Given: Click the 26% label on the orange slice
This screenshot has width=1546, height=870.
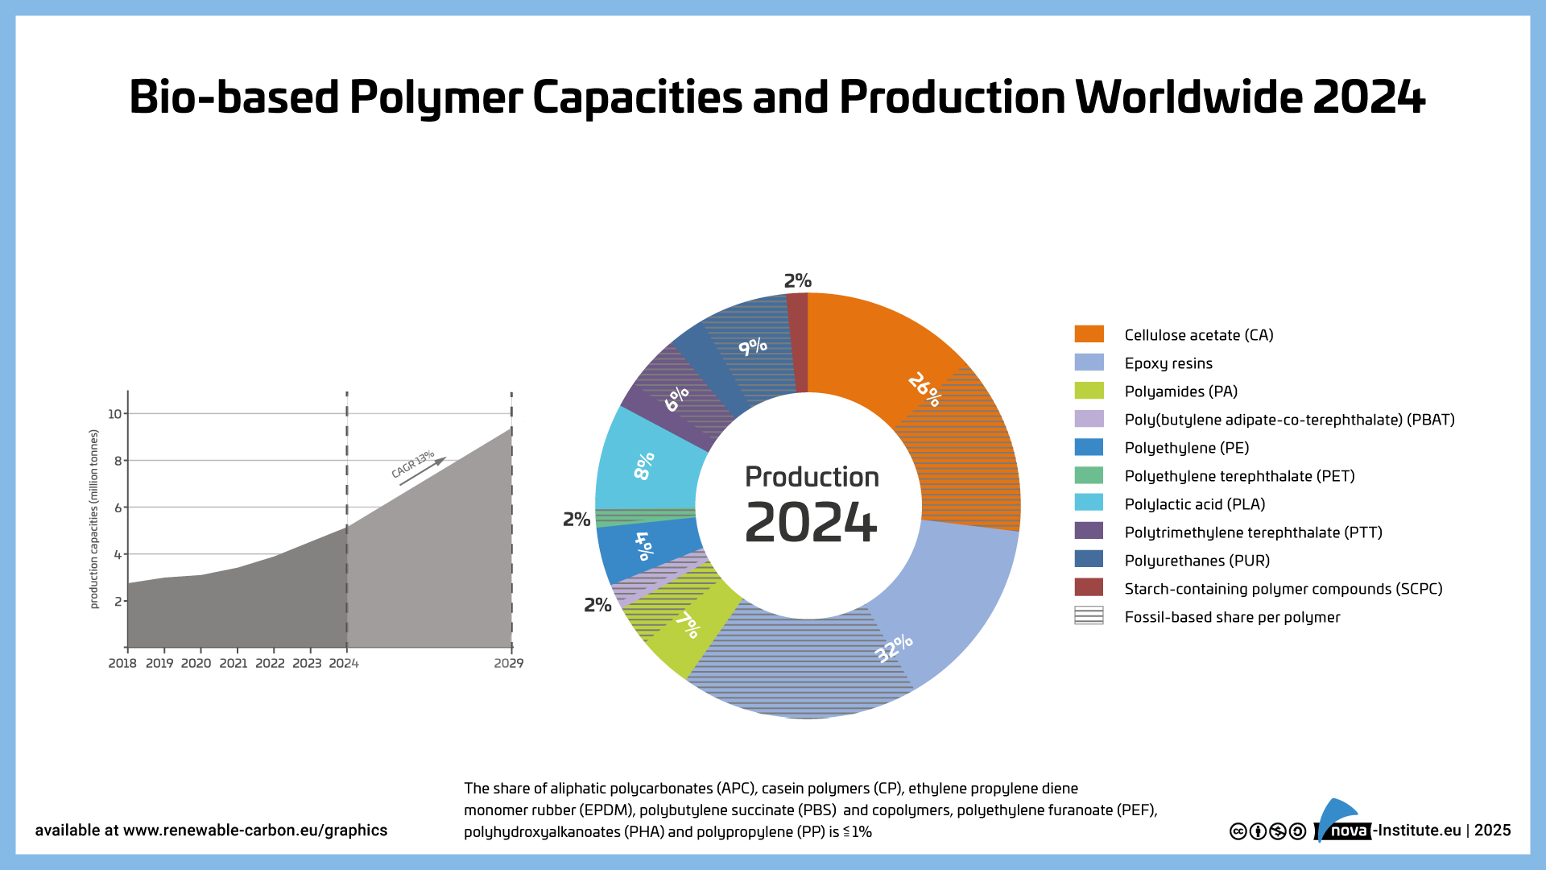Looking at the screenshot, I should pos(924,389).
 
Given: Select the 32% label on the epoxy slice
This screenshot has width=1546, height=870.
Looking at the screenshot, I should pos(894,648).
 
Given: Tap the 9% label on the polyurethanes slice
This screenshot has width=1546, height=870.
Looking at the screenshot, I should pos(753,346).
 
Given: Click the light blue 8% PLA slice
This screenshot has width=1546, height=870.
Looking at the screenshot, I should pos(644,466).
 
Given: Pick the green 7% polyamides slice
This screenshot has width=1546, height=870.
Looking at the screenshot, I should pos(688,624).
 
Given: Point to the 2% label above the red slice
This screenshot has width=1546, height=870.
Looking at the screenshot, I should pos(797,280).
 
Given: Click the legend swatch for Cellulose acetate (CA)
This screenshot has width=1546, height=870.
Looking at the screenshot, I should pos(1089,334).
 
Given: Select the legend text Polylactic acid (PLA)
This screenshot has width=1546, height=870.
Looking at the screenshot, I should pos(1194,504).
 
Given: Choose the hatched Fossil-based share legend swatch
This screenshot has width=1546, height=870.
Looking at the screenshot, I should pos(1089,616).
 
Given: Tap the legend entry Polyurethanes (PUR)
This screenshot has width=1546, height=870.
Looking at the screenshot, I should pos(1197,561).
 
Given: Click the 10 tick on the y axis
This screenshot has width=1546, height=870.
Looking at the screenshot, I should pos(115,414).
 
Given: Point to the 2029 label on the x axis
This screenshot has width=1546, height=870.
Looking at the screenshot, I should pos(508,663).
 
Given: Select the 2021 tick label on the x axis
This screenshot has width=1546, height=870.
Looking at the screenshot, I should pos(234,663).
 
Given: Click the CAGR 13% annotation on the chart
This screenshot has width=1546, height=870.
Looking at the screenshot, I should pos(413,464).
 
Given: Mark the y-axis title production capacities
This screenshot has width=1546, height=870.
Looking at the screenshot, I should pos(93,519).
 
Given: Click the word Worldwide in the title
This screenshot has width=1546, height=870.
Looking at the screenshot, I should pos(1188,97).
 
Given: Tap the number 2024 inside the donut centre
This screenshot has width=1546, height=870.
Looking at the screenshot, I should pos(810,524).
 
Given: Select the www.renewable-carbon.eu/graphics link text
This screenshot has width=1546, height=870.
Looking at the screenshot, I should pos(255,831).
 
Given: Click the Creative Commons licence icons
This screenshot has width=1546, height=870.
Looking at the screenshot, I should pos(1267,831).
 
